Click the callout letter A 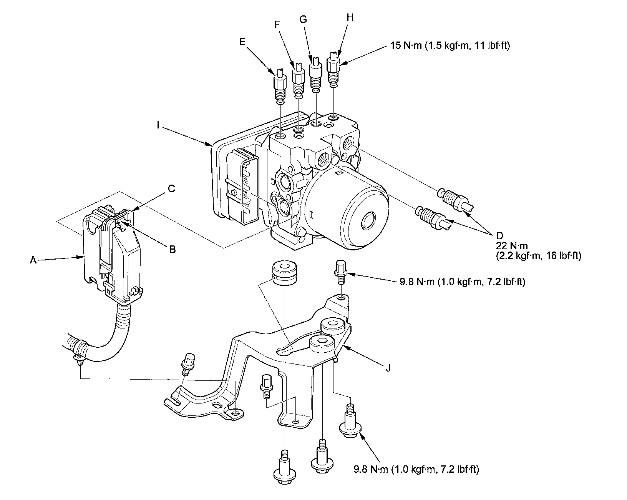click(33, 260)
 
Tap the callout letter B click(173, 249)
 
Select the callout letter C click(171, 188)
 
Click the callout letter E click(242, 42)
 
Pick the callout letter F click(276, 24)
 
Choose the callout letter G click(303, 19)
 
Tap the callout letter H click(339, 17)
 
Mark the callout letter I click(158, 92)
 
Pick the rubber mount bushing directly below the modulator click(285, 273)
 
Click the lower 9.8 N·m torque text click(416, 469)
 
